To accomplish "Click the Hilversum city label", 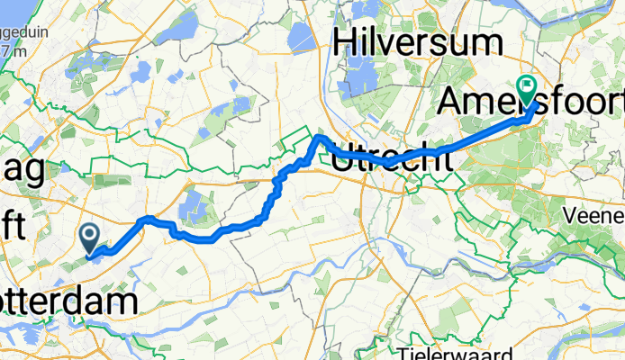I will [417, 42].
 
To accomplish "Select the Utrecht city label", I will [391, 161].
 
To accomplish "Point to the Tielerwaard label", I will [441, 350].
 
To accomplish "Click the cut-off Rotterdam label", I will [68, 301].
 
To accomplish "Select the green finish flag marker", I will [527, 87].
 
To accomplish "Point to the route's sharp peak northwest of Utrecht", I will [318, 137].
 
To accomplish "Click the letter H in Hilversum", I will [348, 42].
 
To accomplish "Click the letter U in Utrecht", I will [343, 160].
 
